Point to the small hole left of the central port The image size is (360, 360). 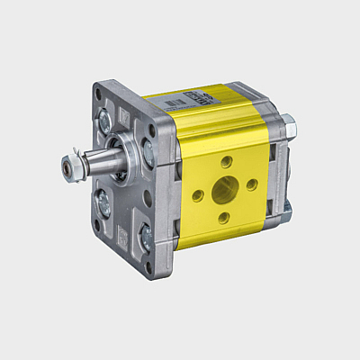tap(196, 195)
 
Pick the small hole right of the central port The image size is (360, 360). tap(252, 184)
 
